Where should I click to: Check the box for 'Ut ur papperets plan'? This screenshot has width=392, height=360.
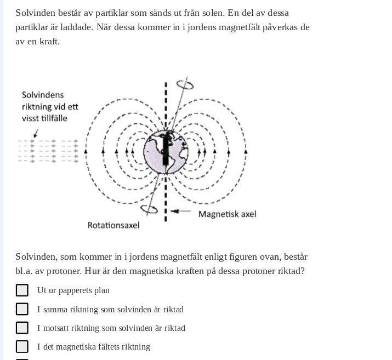22,290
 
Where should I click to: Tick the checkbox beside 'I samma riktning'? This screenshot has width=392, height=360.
22,309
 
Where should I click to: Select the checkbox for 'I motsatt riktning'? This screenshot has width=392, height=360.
22,328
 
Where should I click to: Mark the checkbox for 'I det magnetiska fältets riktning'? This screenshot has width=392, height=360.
22,346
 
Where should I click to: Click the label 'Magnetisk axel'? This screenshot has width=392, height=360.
227,214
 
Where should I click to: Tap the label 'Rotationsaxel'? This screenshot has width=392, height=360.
113,225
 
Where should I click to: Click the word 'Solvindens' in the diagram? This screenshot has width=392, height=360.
43,95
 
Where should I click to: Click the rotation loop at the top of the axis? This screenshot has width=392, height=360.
185,85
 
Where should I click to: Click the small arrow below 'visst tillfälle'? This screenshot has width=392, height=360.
36,133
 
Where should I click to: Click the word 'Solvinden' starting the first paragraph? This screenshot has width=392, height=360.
36,13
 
